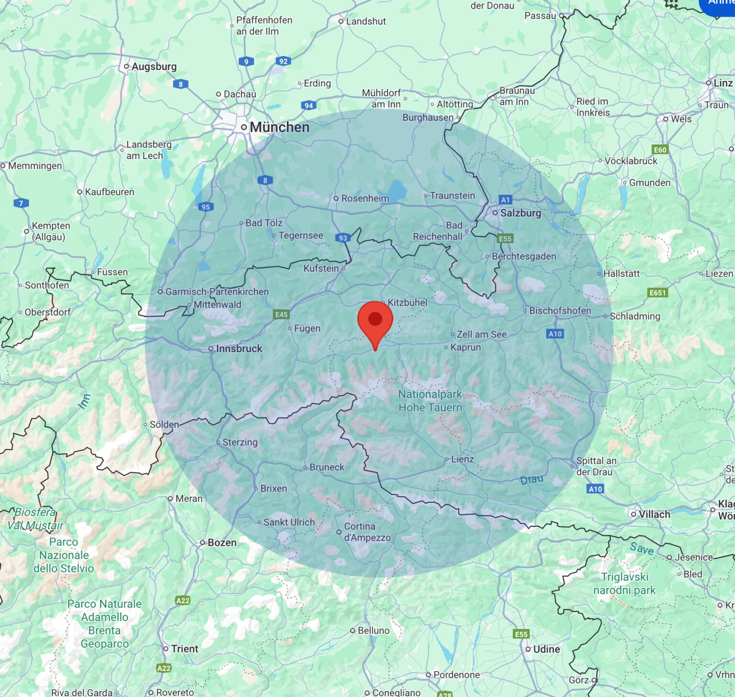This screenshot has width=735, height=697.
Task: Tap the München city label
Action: [279, 127]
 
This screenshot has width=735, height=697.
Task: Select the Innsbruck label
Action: [239, 349]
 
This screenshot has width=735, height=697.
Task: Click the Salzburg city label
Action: [521, 213]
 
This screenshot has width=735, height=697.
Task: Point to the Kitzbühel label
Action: [407, 302]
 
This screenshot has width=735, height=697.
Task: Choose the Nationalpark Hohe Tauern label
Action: [430, 401]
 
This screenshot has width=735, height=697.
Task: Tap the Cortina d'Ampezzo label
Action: [367, 532]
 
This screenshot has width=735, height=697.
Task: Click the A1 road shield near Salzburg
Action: [505, 199]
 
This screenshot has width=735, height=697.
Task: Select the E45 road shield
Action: [281, 314]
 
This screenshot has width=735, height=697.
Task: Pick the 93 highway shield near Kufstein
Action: [343, 238]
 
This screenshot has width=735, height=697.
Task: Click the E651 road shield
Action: [657, 293]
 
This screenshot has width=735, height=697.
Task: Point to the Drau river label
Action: [532, 479]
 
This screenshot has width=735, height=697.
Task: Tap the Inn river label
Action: [84, 402]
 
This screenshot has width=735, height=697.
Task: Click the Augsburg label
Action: [154, 66]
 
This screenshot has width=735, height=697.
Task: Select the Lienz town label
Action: [462, 459]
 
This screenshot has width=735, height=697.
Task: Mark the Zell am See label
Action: [481, 334]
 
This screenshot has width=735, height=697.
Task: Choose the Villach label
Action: [654, 514]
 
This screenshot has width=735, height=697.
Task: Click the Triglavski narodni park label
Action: [624, 584]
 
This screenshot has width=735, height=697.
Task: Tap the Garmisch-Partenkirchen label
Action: [217, 291]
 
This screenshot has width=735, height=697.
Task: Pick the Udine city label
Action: [546, 649]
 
